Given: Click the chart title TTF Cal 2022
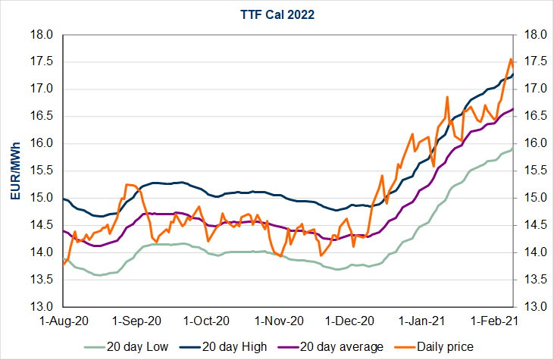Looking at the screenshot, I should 277,13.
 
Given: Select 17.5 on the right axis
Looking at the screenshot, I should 532,62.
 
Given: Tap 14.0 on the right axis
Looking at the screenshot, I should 532,252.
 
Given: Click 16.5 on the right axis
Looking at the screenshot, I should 532,117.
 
